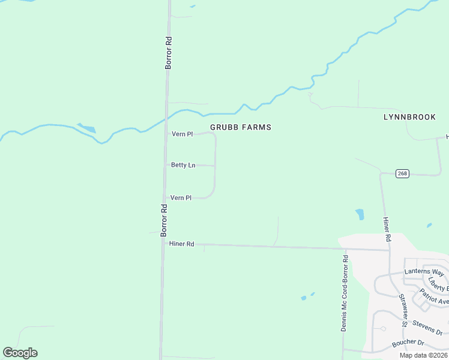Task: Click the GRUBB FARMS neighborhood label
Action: click(240, 127)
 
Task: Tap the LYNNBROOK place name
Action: click(409, 117)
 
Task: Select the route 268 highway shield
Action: click(402, 173)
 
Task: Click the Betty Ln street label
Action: click(183, 165)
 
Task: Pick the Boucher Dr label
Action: click(408, 344)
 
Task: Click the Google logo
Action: click(20, 353)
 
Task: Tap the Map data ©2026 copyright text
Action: click(423, 355)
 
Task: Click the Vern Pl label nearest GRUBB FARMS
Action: click(182, 134)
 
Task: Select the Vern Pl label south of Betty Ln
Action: click(181, 197)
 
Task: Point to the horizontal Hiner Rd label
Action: click(182, 244)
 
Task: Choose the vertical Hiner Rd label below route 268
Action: click(387, 230)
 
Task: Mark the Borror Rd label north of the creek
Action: click(169, 53)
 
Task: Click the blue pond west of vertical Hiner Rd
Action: click(360, 214)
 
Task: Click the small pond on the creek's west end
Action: click(87, 128)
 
